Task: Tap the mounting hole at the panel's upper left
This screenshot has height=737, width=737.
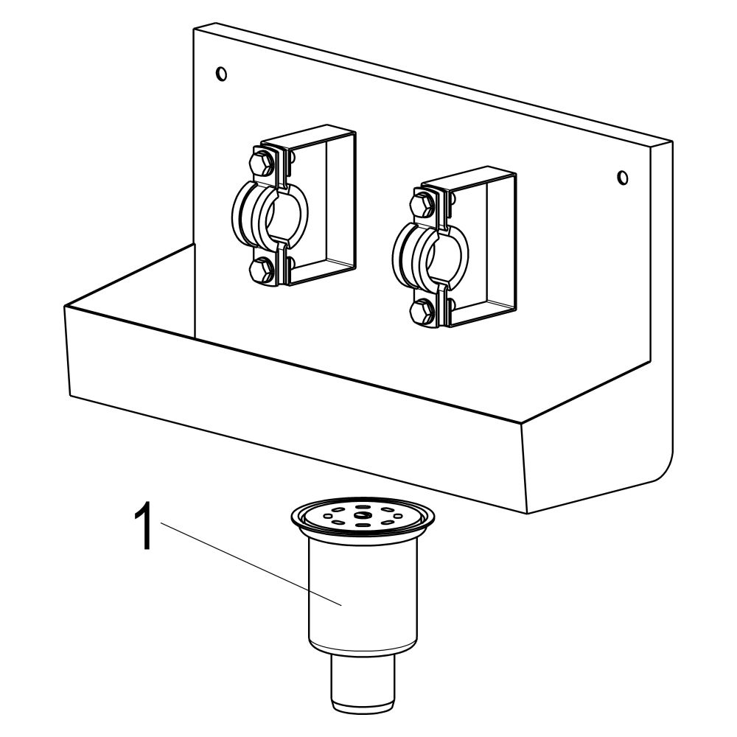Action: (x=221, y=74)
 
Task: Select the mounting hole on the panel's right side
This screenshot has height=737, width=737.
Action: (x=623, y=178)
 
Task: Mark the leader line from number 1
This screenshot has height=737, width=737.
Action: (x=251, y=564)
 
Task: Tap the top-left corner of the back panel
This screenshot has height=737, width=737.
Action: (x=194, y=29)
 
